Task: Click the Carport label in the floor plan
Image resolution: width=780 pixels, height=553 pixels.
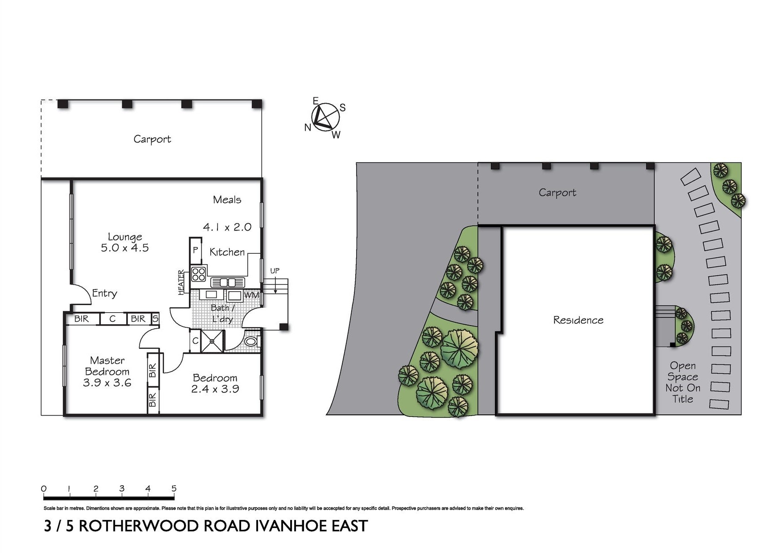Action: (152, 139)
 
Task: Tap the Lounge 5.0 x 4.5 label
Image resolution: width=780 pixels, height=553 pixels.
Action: (125, 242)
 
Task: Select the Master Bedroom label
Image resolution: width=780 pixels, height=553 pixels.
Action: (107, 371)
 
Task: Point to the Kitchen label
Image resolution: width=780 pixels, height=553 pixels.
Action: (227, 252)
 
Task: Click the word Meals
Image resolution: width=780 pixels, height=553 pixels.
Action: (227, 200)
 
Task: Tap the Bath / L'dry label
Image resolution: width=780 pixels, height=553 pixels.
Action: (222, 313)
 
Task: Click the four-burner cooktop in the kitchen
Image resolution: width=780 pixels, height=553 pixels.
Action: (199, 273)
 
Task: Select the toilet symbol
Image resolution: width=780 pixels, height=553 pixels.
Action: (251, 342)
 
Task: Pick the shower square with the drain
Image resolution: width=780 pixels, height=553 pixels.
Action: (212, 342)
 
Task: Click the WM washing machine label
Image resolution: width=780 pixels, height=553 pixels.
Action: (251, 295)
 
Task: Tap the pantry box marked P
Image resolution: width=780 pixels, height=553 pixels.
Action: (195, 250)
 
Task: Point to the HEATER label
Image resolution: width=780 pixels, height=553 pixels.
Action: (181, 282)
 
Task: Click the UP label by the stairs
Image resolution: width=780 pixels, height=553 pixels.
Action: (275, 271)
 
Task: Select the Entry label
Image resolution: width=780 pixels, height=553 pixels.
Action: (104, 293)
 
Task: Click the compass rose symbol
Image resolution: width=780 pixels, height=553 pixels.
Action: (325, 117)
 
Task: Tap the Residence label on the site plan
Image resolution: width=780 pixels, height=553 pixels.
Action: (578, 320)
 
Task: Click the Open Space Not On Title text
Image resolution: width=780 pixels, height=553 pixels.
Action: (682, 382)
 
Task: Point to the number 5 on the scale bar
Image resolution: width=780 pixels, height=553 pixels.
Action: (174, 488)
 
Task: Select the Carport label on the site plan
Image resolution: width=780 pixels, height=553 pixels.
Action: (557, 193)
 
